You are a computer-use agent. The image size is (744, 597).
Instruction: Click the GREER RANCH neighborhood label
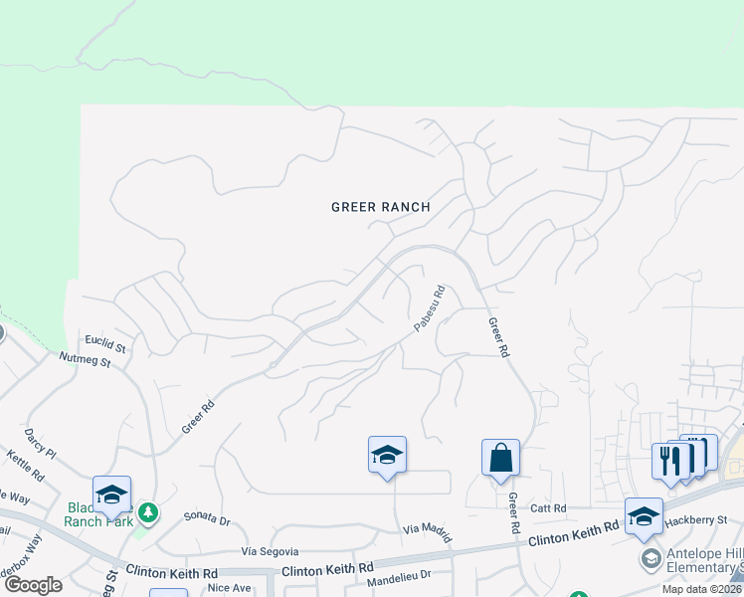tap(381, 207)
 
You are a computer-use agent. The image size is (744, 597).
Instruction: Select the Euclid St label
tap(106, 348)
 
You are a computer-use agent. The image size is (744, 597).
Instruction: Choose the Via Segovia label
tap(270, 550)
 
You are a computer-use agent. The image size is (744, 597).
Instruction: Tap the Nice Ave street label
tap(229, 588)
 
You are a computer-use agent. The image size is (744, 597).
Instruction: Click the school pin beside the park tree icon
tap(111, 495)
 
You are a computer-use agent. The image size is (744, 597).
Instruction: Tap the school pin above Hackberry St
tap(644, 515)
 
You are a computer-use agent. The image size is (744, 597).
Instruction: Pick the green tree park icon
tap(147, 512)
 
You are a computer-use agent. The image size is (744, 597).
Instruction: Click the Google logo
tap(33, 584)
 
